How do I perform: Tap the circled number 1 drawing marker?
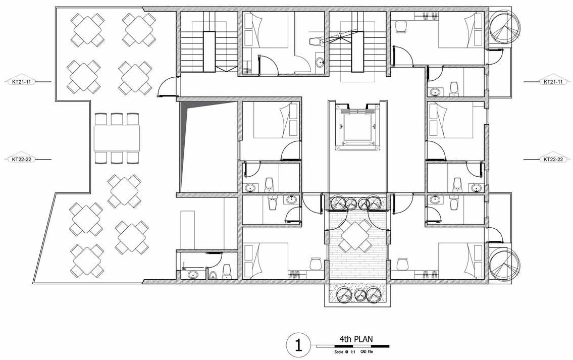tap(298, 345)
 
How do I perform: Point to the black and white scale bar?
tap(353, 346)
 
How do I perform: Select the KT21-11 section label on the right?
tap(553, 82)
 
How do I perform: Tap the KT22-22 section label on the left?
tap(22, 160)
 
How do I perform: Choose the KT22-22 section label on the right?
tap(553, 160)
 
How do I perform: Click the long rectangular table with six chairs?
tap(117, 138)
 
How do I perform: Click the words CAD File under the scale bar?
tap(367, 352)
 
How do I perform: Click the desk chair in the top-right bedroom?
tap(401, 27)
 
